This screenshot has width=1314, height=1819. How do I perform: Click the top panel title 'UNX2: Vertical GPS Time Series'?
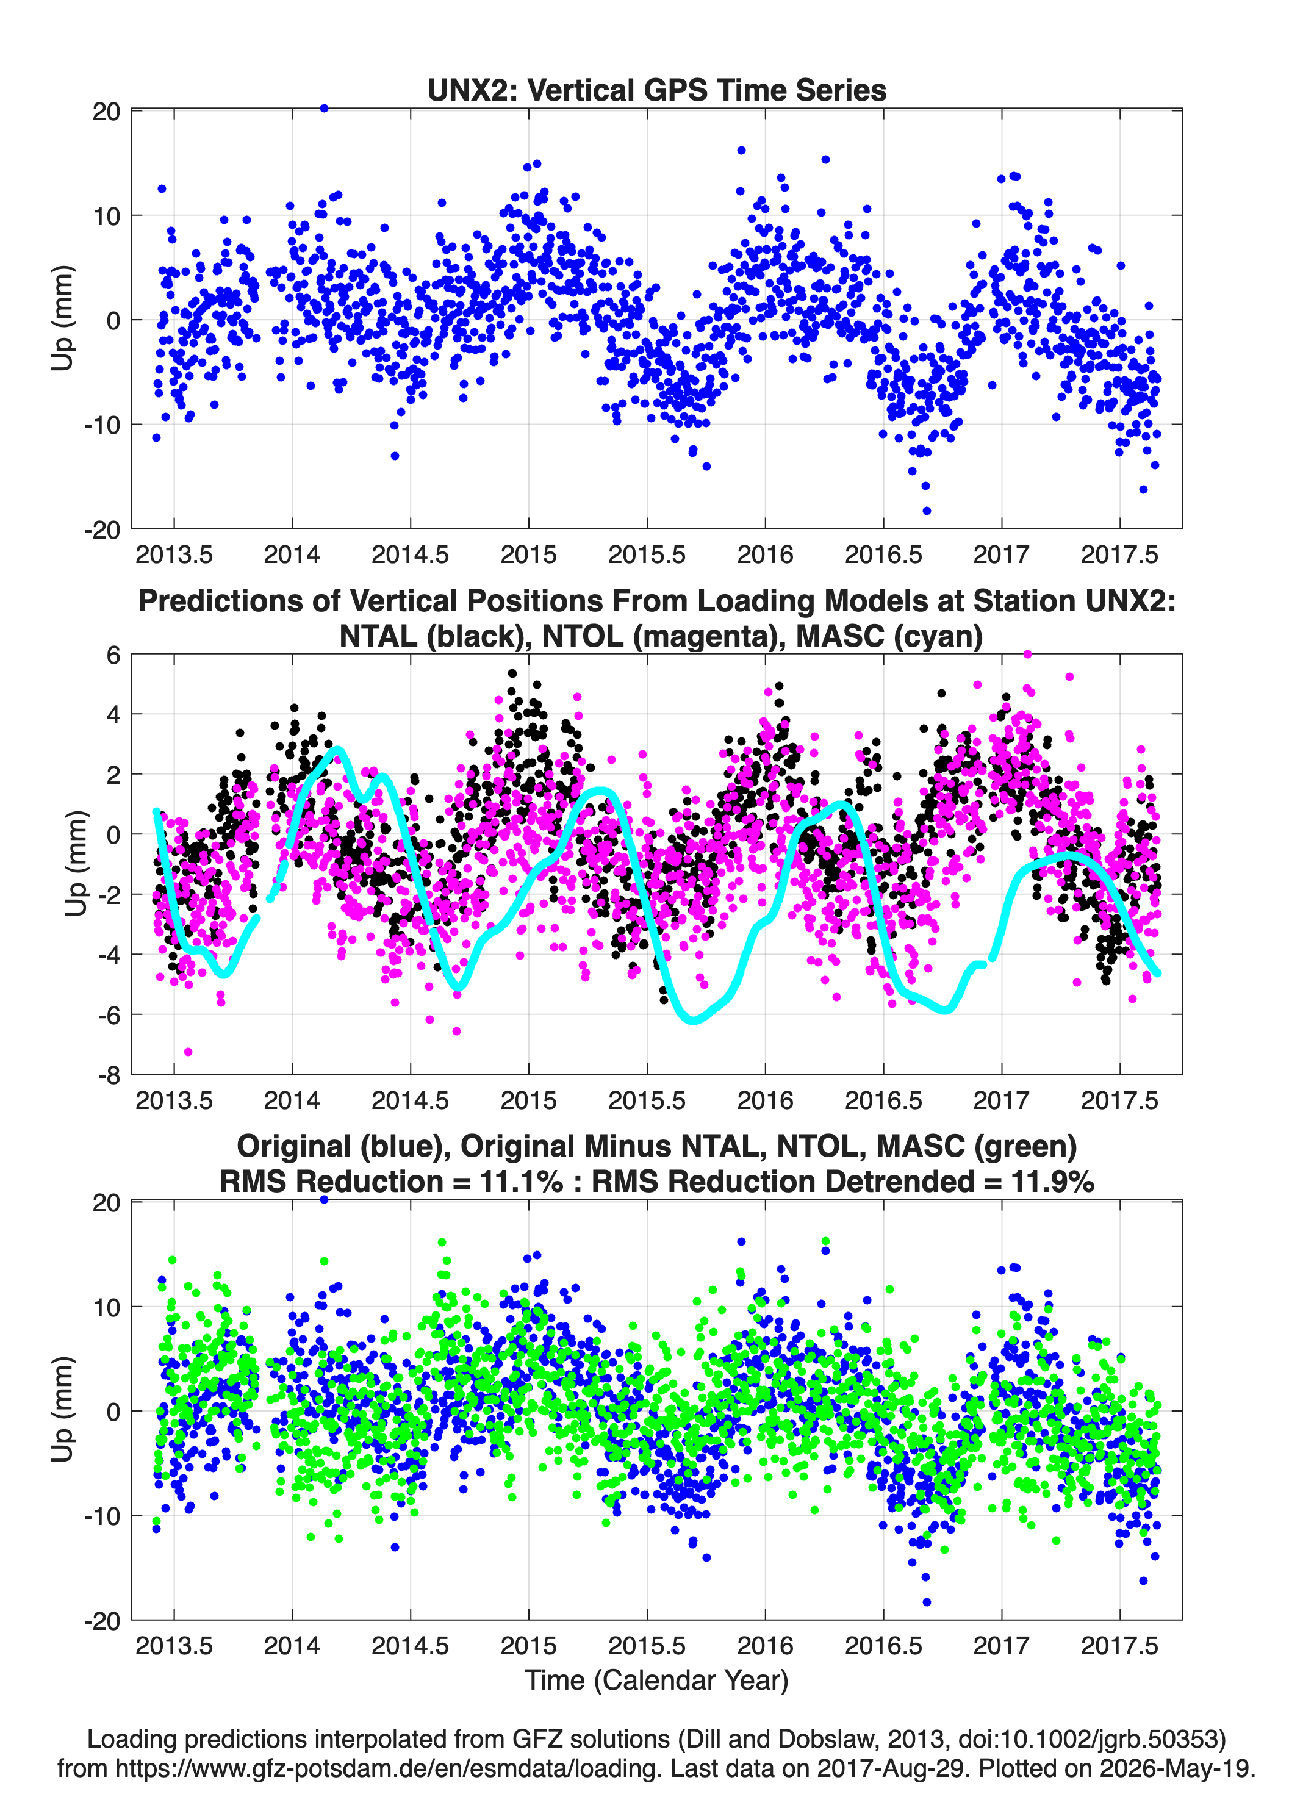[656, 90]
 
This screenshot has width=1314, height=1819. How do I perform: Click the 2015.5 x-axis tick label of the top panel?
[647, 554]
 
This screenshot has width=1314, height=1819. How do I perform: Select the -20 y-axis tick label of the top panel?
[102, 529]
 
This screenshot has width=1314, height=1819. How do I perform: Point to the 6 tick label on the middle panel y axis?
[113, 655]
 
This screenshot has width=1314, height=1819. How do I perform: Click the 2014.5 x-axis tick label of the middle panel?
[410, 1100]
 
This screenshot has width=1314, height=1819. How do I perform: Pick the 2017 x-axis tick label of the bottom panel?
[1001, 1646]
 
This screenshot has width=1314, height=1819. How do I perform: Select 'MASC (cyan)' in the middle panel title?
[889, 636]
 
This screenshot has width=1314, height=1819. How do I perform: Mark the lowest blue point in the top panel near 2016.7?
[927, 511]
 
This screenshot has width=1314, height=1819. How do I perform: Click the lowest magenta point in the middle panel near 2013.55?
[188, 1052]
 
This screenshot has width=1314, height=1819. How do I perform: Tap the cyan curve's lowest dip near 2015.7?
[694, 1019]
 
